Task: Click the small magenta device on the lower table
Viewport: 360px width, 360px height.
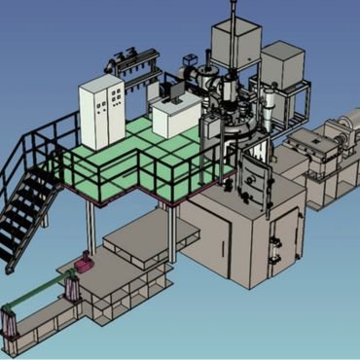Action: [87, 261]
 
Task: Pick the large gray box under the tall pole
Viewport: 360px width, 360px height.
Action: [233, 44]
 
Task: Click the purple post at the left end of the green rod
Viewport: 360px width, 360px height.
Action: [9, 315]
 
